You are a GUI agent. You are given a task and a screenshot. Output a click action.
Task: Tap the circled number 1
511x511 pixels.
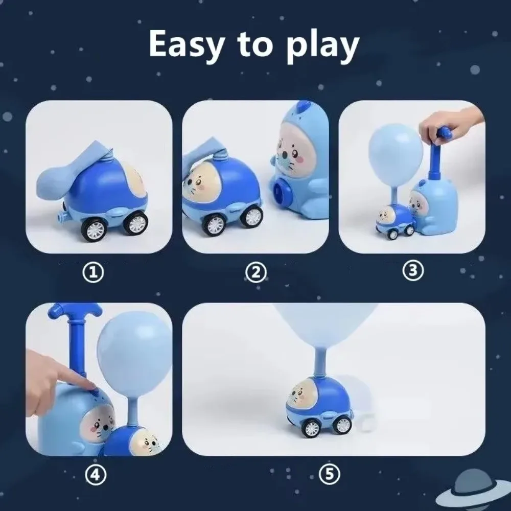click(x=93, y=272)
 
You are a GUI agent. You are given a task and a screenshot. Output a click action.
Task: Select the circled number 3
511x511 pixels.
click(x=413, y=271)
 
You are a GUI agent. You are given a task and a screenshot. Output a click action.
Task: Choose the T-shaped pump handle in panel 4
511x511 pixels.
click(x=74, y=310)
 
